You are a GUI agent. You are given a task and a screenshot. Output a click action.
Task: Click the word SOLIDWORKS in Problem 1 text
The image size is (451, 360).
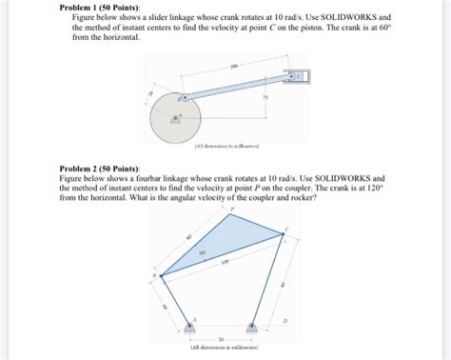click(x=346, y=18)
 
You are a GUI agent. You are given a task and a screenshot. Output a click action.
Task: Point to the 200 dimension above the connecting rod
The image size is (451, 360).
click(x=233, y=67)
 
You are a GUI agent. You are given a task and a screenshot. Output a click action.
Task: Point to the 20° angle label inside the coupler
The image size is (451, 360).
click(x=201, y=253)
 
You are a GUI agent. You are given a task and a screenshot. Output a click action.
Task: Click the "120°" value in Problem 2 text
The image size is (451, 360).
click(x=375, y=188)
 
